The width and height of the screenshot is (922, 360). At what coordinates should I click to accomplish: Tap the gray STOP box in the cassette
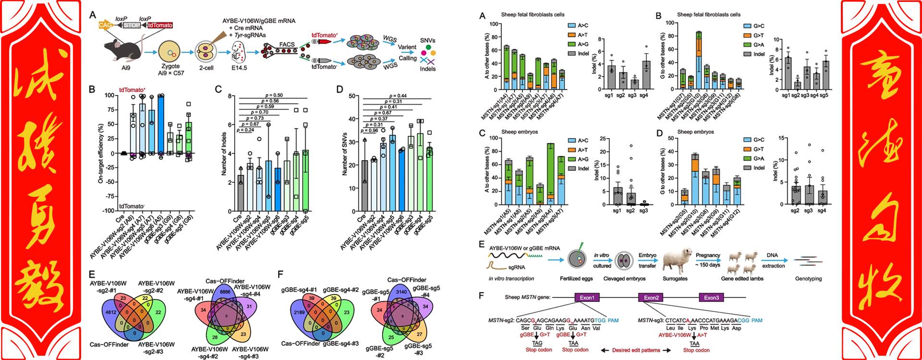pos(132,25)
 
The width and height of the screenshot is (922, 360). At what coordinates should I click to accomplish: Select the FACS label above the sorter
pos(287,45)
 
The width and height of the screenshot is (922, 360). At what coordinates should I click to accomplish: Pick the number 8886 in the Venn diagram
pos(225,291)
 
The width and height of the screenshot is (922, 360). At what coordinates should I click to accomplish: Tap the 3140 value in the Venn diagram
pos(401,292)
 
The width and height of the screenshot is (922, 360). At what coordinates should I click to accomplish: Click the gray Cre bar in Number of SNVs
pos(364,185)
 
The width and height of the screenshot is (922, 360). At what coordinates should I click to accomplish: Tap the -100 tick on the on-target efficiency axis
pos(109,211)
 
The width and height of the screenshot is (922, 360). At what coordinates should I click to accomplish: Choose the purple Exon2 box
pos(651,298)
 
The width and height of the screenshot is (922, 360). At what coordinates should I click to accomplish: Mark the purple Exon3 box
pos(711,298)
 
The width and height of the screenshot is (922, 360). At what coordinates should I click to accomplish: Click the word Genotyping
pos(808,278)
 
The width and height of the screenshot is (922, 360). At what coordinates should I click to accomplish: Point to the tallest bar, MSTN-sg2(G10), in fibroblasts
pos(698,60)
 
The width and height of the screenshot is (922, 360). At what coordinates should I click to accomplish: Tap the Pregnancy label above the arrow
pos(708,255)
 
